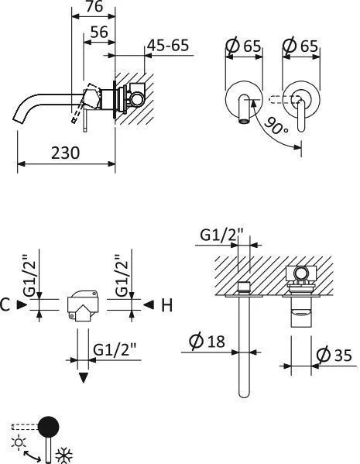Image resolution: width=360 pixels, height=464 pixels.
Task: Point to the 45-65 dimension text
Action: (168, 46)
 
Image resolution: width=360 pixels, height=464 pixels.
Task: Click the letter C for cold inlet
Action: (6, 305)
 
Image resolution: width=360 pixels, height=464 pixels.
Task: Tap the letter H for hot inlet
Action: (166, 305)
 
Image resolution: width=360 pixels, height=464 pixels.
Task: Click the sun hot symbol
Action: (17, 442)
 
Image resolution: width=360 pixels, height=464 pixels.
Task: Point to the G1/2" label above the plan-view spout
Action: (222, 235)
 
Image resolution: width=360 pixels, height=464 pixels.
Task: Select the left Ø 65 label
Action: (242, 46)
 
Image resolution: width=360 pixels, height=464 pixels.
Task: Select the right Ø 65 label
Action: (301, 46)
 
